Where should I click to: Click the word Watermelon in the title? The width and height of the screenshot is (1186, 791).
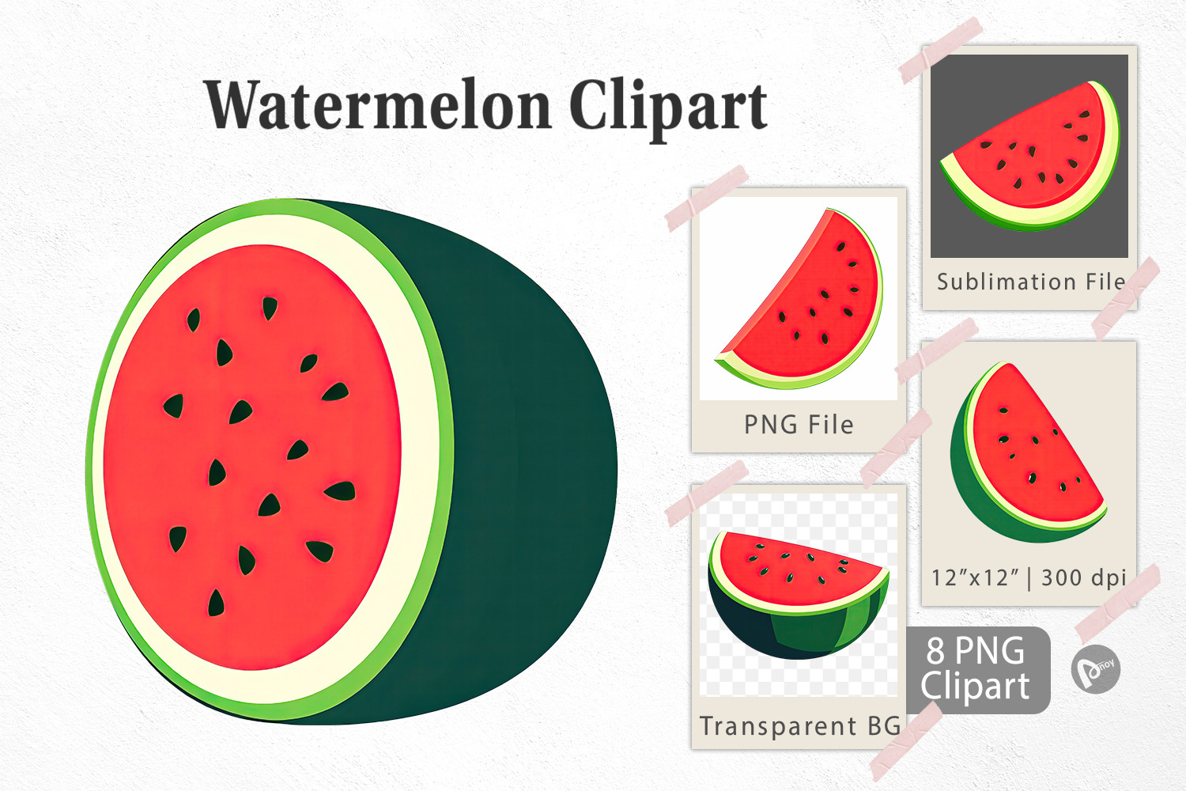click(378, 105)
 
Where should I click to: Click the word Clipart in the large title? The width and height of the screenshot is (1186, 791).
click(668, 108)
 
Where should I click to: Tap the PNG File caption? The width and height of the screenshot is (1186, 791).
click(799, 425)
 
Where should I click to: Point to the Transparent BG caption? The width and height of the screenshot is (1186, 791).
click(800, 726)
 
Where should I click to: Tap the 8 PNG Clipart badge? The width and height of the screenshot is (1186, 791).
click(978, 670)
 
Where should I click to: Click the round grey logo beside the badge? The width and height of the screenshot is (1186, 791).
click(1095, 669)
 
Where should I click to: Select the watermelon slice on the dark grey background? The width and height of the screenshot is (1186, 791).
click(1029, 157)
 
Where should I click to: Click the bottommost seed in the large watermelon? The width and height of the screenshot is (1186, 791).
click(216, 603)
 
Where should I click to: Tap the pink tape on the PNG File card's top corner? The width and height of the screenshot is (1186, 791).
click(706, 199)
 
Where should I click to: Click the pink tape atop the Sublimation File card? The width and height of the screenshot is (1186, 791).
click(941, 50)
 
